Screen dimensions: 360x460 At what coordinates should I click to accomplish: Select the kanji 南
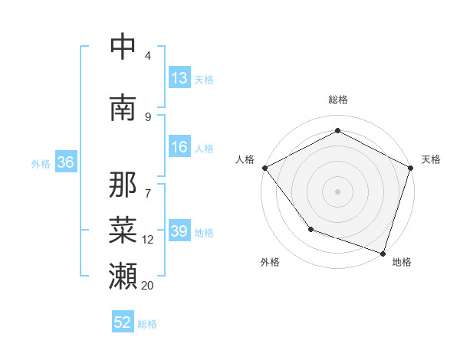[x=123, y=107]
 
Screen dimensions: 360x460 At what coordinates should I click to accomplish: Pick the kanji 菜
[x=123, y=229]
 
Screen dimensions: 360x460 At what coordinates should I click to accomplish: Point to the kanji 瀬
[x=123, y=274]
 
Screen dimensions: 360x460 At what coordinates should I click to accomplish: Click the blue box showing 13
[x=179, y=78]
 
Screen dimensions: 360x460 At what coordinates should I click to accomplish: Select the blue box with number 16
[x=179, y=147]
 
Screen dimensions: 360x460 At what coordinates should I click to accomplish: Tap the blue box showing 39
[x=179, y=231]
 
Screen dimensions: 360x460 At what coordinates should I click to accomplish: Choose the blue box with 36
[x=65, y=162]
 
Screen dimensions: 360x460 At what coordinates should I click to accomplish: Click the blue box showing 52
[x=123, y=322]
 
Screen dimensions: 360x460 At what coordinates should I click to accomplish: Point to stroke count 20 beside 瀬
[x=147, y=285]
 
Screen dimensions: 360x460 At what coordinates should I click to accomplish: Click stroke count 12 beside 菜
[x=147, y=240]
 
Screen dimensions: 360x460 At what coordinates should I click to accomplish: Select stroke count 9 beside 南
[x=147, y=116]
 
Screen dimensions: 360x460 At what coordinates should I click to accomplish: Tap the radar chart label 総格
[x=337, y=100]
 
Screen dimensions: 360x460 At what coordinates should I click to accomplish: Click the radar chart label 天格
[x=431, y=159]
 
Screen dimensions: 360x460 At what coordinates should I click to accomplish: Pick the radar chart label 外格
[x=270, y=262]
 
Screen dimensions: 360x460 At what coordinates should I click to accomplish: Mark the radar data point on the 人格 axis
[x=264, y=167]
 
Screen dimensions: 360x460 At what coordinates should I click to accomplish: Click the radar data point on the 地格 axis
[x=383, y=253]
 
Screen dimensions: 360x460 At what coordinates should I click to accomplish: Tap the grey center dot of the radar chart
[x=337, y=191]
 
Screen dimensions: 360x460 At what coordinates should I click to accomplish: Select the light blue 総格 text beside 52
[x=147, y=324]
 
